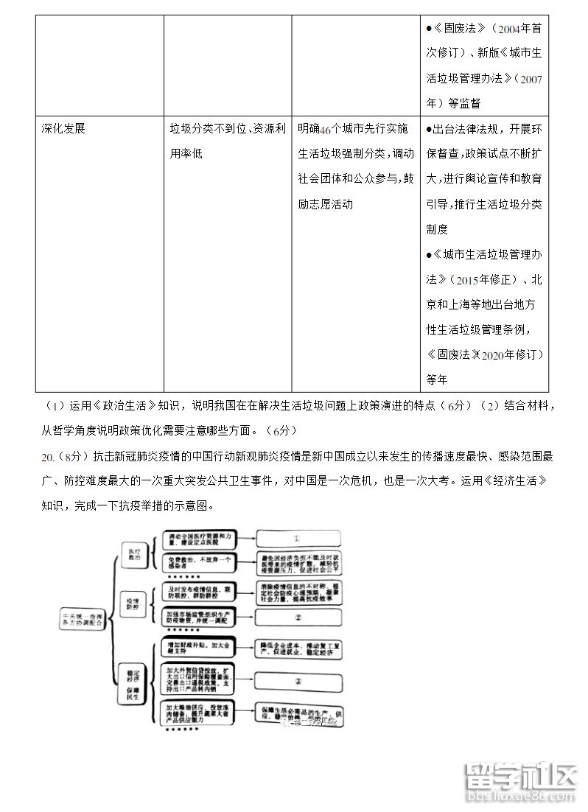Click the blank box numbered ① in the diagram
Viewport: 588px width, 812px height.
coord(297,539)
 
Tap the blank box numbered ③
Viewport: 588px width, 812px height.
coord(298,682)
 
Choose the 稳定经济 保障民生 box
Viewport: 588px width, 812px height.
coord(133,682)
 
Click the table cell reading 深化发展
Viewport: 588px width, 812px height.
coord(63,128)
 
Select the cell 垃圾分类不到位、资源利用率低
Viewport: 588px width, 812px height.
coord(224,141)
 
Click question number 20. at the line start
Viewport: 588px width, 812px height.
coord(49,458)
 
